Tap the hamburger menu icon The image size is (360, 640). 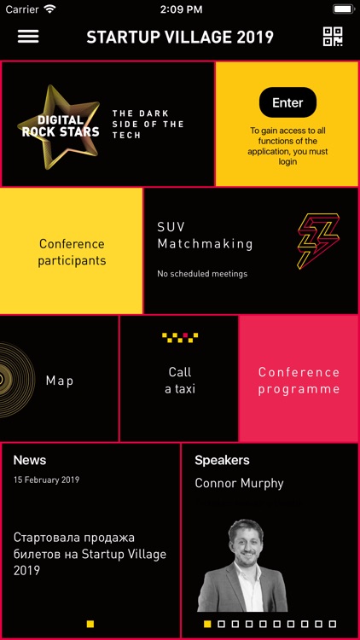coord(28,37)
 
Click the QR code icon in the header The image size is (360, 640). coord(333,37)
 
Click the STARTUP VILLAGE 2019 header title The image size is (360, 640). coord(180,37)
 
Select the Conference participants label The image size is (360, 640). coord(72,252)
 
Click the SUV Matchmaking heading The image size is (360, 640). coord(205,236)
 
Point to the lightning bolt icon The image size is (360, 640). coord(317,241)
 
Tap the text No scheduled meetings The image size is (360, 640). coord(202,274)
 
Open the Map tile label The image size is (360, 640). coord(60,381)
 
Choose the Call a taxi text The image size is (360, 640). coord(180,381)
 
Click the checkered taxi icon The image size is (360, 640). coord(179,338)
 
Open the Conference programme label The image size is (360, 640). coord(299,381)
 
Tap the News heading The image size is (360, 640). coord(30,460)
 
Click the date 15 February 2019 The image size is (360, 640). coord(46,480)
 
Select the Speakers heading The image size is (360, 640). coord(222,460)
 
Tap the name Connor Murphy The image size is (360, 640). coord(239,483)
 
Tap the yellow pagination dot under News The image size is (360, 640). coord(90,624)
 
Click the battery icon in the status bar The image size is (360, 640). coord(343,9)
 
